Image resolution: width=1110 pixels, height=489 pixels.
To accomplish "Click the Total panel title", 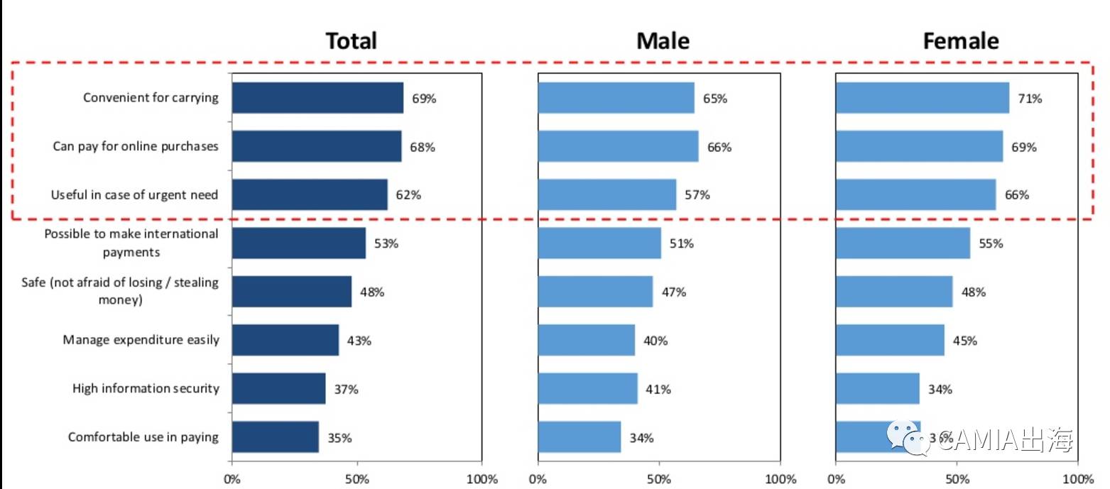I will [x=351, y=41].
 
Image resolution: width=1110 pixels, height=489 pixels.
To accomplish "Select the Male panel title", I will [x=663, y=41].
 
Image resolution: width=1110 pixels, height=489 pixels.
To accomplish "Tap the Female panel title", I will [x=960, y=41].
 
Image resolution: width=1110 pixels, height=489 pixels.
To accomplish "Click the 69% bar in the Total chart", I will [x=317, y=98].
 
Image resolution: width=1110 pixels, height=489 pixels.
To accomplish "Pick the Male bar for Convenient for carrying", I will [x=616, y=98].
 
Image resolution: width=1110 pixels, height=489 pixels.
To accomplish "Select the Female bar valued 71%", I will [x=922, y=98].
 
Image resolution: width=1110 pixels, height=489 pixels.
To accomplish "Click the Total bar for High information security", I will [x=278, y=388].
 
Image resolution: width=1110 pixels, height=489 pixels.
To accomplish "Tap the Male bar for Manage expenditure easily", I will [x=586, y=340].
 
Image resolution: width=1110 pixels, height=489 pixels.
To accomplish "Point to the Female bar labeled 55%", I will [x=903, y=243].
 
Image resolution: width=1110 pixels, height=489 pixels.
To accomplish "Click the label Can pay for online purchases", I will [x=136, y=146].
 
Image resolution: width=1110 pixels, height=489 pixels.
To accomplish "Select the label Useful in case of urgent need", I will [x=134, y=194].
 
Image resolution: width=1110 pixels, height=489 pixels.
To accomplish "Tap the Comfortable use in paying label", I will [x=143, y=436].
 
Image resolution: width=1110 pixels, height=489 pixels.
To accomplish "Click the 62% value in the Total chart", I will [x=408, y=195].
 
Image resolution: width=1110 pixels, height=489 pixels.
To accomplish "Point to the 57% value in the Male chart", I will [x=697, y=195].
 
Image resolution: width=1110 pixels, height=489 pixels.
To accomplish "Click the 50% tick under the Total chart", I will [x=357, y=479].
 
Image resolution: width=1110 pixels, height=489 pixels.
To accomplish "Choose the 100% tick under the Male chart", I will [x=780, y=479].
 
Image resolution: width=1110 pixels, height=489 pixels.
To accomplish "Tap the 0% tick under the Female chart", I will [x=836, y=479].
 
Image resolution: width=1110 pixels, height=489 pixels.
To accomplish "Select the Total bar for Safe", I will [x=291, y=292].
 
